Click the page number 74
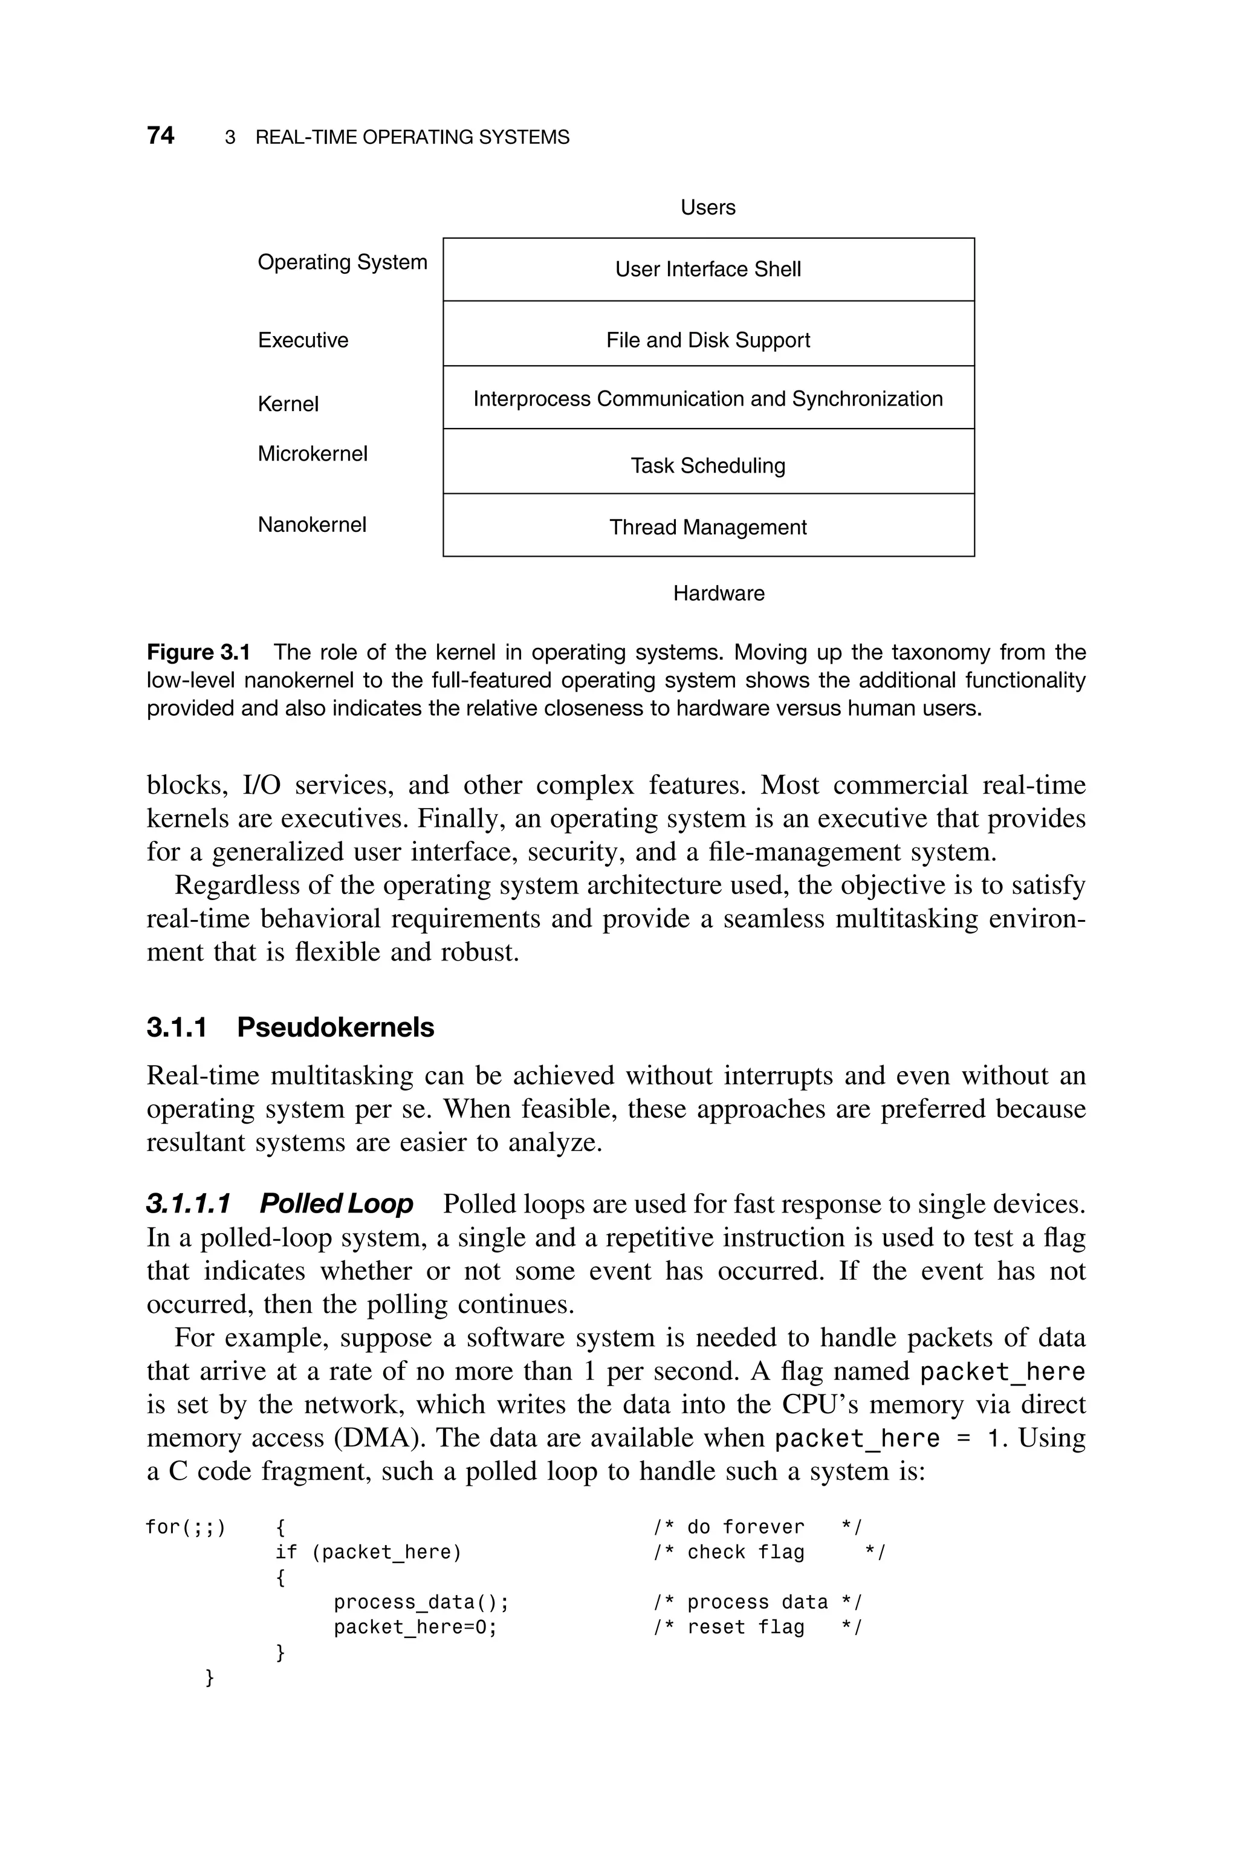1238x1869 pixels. [160, 136]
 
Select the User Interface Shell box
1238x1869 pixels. [708, 269]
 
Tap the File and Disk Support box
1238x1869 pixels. [708, 340]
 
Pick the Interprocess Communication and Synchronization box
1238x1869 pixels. [708, 398]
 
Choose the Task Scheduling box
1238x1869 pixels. [708, 465]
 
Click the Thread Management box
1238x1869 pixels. [708, 527]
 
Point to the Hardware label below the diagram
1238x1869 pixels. [719, 594]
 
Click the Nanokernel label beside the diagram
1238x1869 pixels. [312, 525]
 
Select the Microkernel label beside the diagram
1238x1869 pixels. [313, 454]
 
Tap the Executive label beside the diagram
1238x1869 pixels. [303, 340]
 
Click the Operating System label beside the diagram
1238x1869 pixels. [342, 262]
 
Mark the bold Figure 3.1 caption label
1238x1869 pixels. [198, 653]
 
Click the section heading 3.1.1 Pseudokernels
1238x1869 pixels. [291, 1028]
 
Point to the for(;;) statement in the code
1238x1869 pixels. [186, 1527]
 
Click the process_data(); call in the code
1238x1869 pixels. [421, 1602]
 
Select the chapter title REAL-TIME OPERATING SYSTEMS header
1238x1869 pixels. [412, 137]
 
